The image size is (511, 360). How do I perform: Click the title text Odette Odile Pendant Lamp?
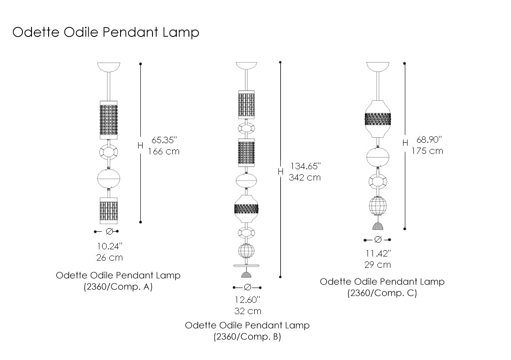tap(106, 32)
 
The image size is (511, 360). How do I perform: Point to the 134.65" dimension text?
tap(305, 166)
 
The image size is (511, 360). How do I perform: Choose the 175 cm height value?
tap(427, 151)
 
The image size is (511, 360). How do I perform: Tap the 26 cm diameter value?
tap(109, 258)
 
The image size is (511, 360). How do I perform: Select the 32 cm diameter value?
tap(247, 311)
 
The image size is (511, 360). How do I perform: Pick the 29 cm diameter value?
tap(377, 265)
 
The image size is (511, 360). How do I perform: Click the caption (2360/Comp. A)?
tap(118, 287)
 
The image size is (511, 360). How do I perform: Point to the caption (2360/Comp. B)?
tap(247, 337)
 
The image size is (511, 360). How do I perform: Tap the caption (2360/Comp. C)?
tap(382, 293)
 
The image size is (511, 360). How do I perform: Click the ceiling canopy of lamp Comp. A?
tap(108, 67)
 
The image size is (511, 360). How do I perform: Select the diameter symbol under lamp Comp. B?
tap(247, 287)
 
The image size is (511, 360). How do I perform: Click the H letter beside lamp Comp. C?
tap(405, 143)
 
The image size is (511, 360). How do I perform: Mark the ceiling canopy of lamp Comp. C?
tap(378, 67)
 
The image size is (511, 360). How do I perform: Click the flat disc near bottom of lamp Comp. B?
tap(247, 265)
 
